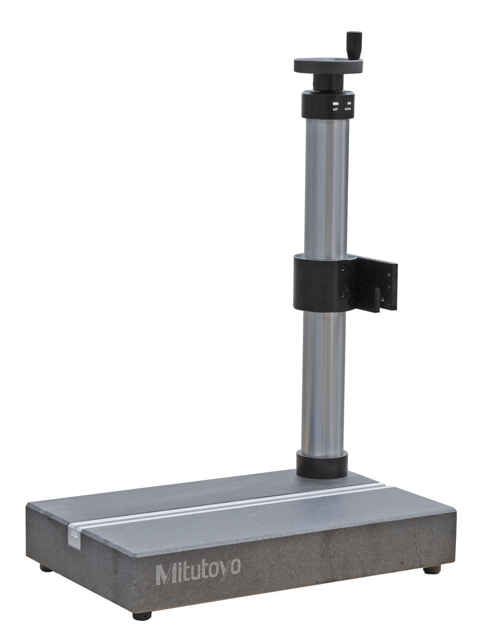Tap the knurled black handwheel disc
click(328, 66)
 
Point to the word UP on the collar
click(335, 109)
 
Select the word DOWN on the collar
click(348, 109)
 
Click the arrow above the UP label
click(335, 103)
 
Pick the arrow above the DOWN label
click(349, 103)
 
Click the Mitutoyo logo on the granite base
click(198, 572)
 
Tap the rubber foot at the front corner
click(142, 615)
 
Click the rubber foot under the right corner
click(432, 569)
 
